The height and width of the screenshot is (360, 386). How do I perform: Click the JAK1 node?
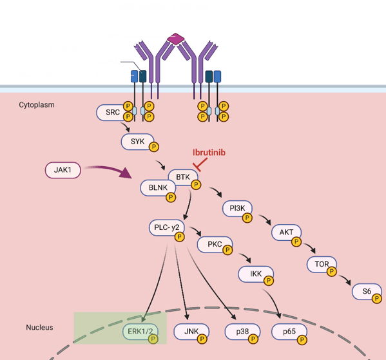(63, 169)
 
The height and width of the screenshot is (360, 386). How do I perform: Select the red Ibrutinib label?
(209, 153)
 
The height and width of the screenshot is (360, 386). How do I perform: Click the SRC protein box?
(112, 113)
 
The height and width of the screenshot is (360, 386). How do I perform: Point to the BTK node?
(179, 175)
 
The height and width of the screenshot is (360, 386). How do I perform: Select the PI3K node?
(236, 208)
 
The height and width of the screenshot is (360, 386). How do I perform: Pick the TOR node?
(320, 263)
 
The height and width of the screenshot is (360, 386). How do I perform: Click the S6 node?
(366, 291)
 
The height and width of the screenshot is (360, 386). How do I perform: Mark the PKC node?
(213, 245)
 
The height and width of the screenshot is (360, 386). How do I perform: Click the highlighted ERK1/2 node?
(139, 332)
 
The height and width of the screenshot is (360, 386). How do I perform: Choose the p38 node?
(241, 332)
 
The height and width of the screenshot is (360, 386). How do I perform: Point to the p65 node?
(288, 332)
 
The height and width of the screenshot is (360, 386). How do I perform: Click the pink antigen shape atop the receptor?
(175, 40)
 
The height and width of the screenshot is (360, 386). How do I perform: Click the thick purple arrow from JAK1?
(109, 170)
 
